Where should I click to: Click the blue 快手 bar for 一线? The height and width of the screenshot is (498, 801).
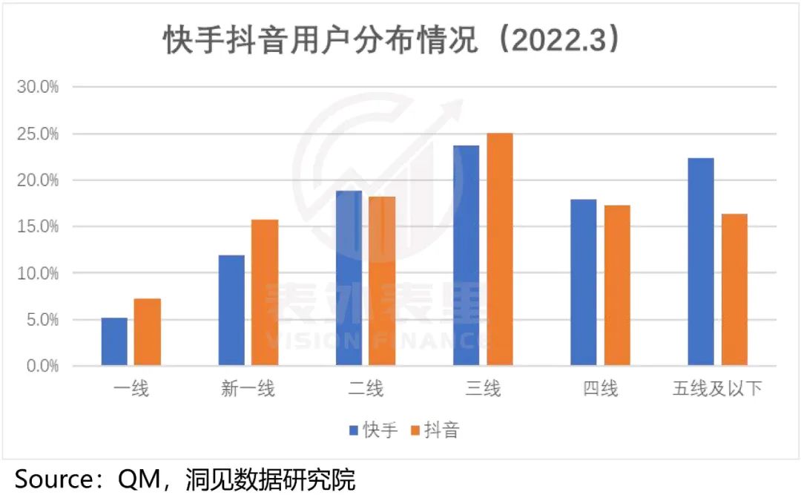(x=114, y=341)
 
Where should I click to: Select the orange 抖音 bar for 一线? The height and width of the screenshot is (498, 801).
(x=148, y=332)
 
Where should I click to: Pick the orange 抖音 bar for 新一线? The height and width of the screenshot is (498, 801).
(x=265, y=292)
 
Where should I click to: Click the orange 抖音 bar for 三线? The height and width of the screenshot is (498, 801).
(x=499, y=249)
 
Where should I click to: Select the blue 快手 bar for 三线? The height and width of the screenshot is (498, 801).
(x=466, y=255)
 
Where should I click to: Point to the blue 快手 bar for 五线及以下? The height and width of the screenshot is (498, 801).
(x=701, y=261)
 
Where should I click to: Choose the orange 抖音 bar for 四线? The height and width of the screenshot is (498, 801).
(x=617, y=285)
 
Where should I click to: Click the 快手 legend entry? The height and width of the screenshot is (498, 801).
(x=374, y=430)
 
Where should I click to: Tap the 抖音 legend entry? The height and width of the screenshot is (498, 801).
(x=435, y=430)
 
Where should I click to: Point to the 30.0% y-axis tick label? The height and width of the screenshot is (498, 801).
(x=38, y=87)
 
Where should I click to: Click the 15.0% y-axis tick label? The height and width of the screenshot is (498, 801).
(x=38, y=227)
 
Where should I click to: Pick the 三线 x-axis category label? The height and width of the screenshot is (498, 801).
(x=483, y=388)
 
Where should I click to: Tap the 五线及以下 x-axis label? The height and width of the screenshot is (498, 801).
(x=717, y=388)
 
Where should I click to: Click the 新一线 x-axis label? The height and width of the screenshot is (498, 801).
(x=248, y=388)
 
